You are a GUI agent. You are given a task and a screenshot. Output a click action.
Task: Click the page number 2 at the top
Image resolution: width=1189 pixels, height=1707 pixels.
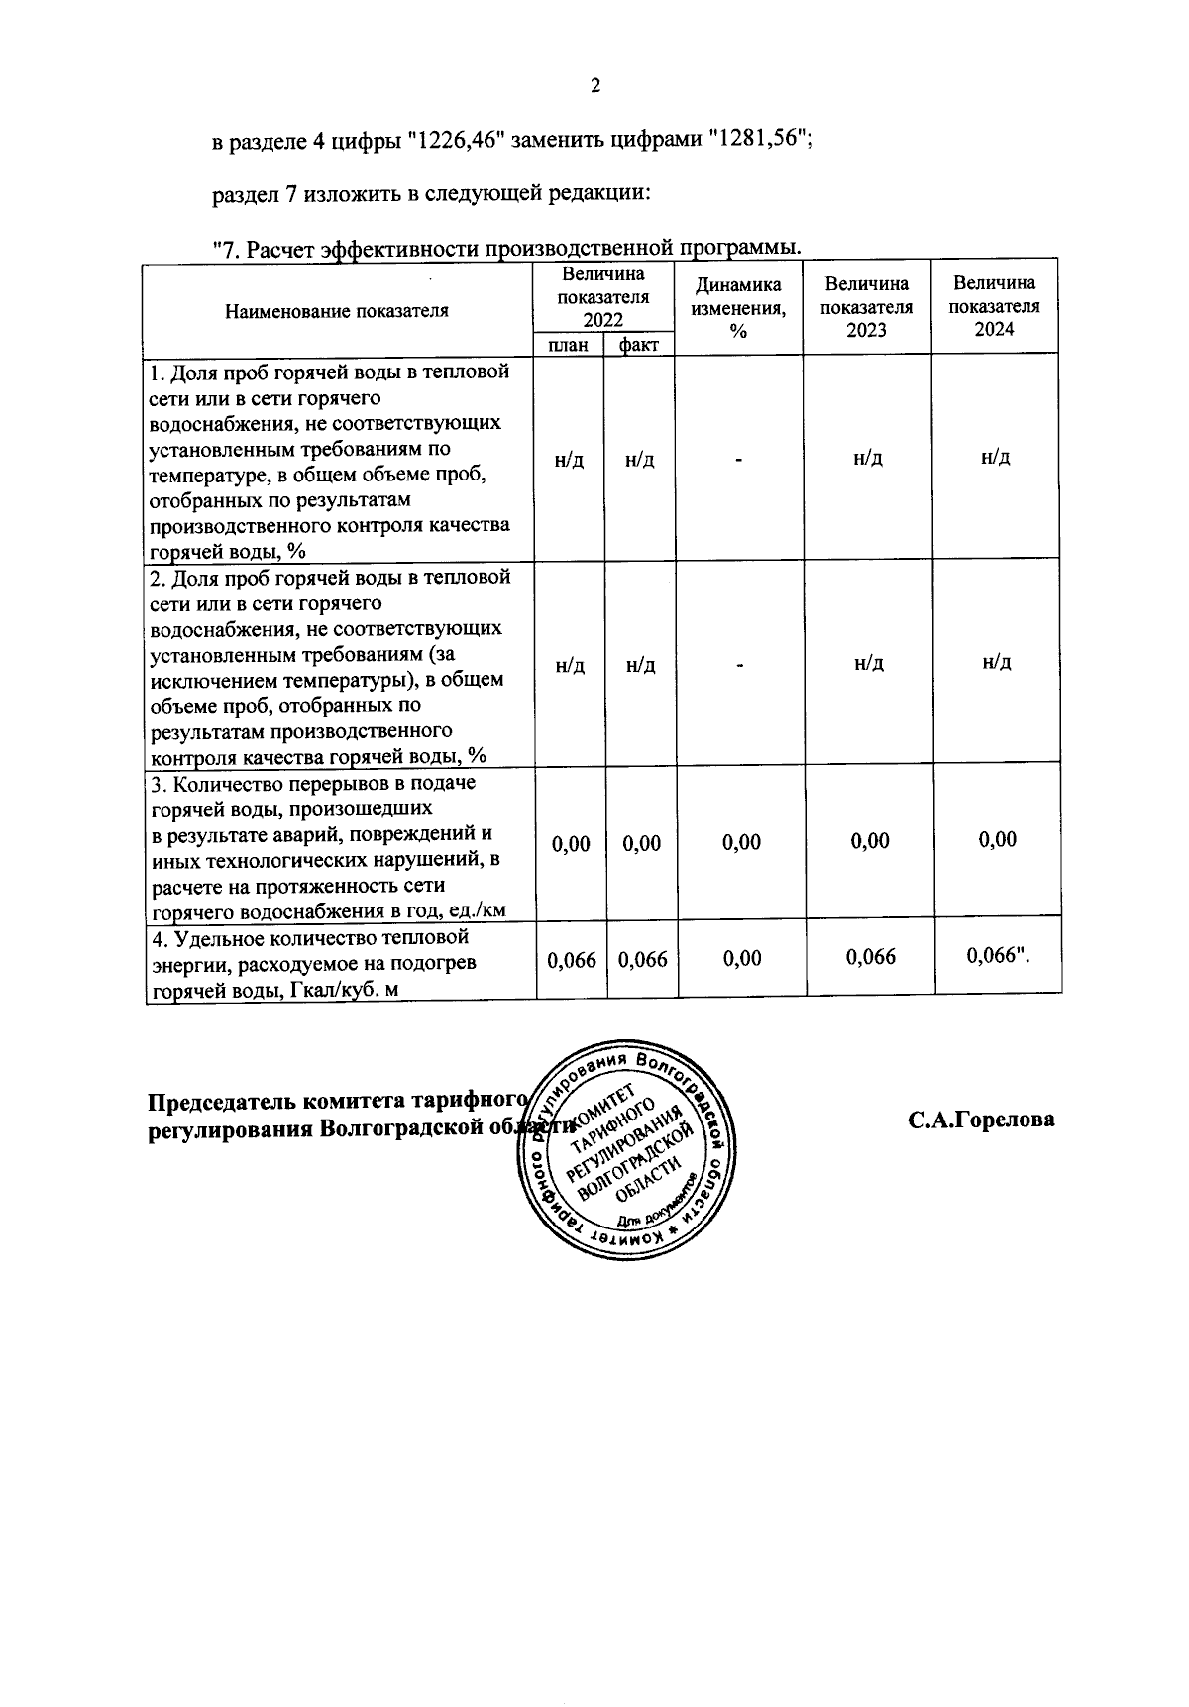point(595,86)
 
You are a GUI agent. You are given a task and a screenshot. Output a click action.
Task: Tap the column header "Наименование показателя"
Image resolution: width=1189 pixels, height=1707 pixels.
point(337,311)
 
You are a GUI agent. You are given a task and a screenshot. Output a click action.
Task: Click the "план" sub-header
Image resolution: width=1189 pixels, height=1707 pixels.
point(568,345)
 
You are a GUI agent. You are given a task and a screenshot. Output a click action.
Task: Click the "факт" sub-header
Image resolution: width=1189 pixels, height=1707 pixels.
point(639,345)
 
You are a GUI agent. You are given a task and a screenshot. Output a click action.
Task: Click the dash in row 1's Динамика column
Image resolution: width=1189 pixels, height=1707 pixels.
point(738,460)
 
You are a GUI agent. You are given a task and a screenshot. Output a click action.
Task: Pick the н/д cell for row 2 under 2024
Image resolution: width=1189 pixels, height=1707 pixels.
point(996,662)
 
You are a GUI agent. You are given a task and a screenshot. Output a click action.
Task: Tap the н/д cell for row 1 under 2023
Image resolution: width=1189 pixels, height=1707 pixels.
point(868,458)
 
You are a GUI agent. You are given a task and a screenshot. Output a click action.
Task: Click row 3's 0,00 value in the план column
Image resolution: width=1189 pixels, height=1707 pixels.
point(571,843)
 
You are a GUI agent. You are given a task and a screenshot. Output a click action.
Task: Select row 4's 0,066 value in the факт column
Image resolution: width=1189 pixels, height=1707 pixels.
point(642,959)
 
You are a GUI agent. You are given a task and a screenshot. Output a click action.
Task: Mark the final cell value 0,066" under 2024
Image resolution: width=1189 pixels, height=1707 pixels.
point(999,956)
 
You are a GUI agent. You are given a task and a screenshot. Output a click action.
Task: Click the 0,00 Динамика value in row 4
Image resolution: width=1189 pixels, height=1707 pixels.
point(741,958)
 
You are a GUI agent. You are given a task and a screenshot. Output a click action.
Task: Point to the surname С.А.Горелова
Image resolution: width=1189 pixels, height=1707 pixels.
point(981,1120)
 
